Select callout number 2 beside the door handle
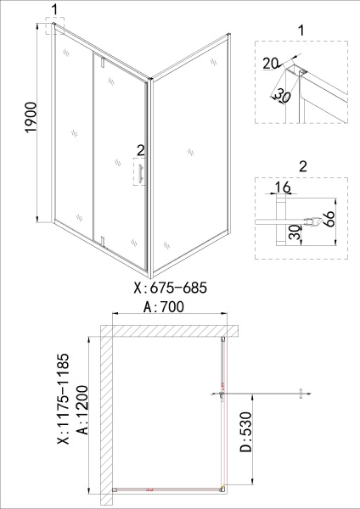pyautogui.click(x=139, y=151)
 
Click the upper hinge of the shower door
pyautogui.click(x=100, y=62)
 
